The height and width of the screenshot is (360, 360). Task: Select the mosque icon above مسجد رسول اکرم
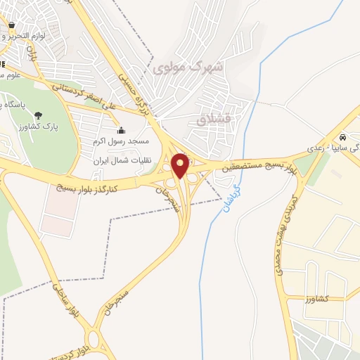(122, 130)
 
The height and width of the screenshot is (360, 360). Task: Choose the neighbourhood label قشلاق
(214, 120)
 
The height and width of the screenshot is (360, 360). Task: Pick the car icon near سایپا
(342, 138)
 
